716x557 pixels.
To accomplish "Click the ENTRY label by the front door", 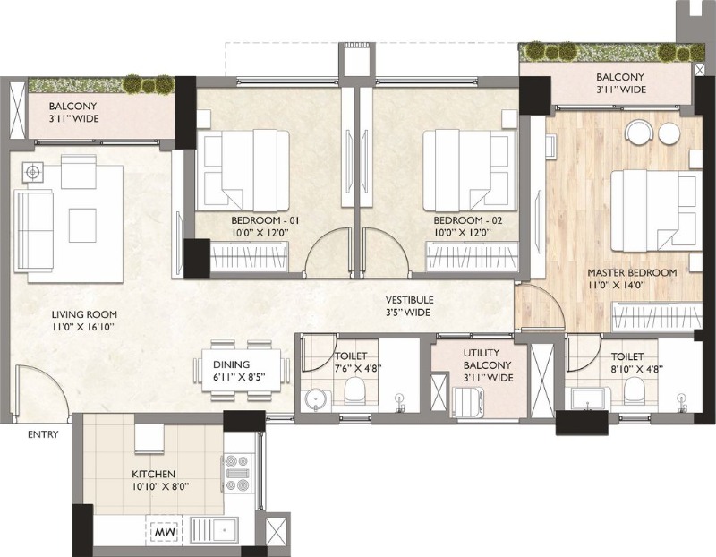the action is tap(43, 434).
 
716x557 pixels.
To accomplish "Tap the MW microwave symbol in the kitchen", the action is tap(164, 532).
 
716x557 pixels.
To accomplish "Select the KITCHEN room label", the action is tap(153, 475).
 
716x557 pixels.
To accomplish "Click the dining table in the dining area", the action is tap(241, 371).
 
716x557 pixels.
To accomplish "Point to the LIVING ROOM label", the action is tap(84, 314).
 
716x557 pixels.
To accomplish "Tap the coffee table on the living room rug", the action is tap(82, 226).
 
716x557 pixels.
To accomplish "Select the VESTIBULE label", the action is tap(409, 300).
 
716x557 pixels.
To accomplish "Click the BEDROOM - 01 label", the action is tap(265, 220).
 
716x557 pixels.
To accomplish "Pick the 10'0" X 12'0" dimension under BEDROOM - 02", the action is tap(463, 232).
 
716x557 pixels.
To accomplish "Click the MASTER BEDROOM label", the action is tap(632, 273).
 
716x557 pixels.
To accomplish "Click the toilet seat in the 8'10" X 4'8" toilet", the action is tap(634, 390).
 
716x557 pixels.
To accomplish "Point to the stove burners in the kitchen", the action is tap(237, 474).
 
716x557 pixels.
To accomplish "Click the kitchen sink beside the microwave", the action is tap(214, 530).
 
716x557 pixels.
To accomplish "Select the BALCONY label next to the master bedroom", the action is tap(620, 77).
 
